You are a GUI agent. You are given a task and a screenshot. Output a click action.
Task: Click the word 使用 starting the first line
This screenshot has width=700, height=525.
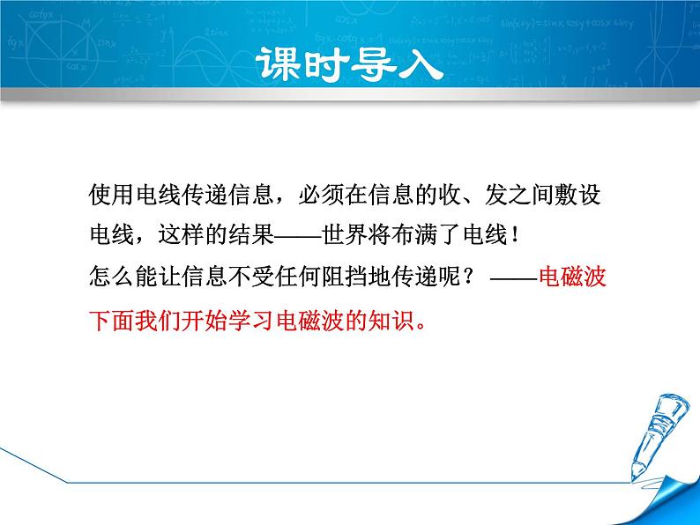[112, 195]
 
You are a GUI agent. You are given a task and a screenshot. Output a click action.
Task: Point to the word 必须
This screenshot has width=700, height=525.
[322, 195]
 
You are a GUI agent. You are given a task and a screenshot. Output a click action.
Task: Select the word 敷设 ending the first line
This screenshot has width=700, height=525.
[577, 195]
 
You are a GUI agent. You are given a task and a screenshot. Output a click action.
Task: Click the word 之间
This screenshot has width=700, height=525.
[531, 195]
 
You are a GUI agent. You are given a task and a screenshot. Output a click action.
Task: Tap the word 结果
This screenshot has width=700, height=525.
[252, 234]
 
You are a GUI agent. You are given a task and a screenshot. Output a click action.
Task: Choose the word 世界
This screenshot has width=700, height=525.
[345, 234]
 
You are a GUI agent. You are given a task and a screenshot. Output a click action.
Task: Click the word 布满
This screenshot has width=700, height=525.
[415, 234]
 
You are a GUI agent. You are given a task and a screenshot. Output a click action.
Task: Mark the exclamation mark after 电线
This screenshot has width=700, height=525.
[516, 235]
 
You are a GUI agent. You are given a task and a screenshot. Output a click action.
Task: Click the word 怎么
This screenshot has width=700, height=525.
[112, 276]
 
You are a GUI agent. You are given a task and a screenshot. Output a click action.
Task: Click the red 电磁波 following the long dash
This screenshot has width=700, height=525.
[572, 276]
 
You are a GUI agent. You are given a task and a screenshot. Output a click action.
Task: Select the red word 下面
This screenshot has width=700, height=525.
[112, 321]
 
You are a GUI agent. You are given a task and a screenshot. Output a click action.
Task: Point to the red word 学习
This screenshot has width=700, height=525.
[252, 321]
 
